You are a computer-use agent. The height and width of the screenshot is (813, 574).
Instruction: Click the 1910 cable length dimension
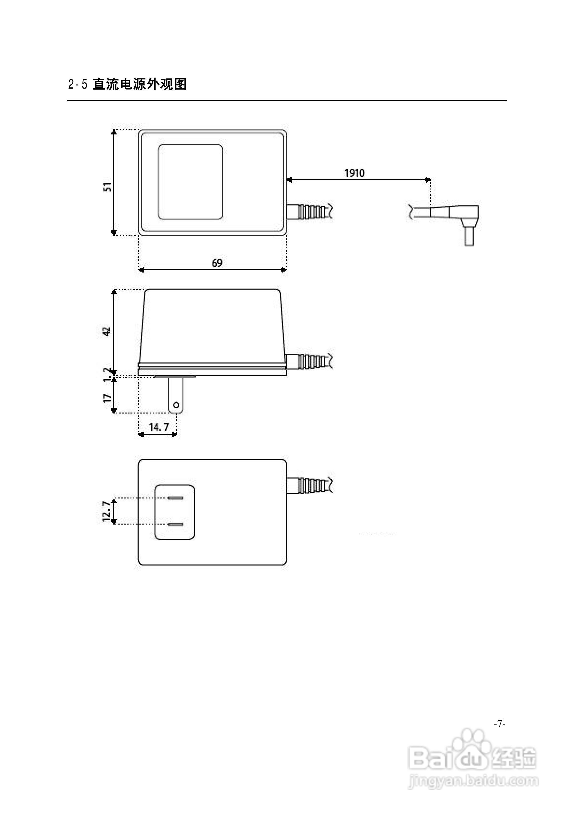point(354,173)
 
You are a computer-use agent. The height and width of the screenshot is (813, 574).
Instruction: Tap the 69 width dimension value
point(217,263)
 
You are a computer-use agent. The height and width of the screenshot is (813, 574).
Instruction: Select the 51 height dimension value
point(107,187)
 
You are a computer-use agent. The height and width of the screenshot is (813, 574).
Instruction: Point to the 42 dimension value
point(107,331)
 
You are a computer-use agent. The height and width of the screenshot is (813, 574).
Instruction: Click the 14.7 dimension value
point(158,427)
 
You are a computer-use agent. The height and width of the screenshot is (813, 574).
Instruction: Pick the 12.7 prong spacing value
point(107,511)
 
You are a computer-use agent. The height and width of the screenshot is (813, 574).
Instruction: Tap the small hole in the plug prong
point(176,404)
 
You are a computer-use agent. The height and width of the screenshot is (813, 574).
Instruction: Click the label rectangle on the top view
point(190,182)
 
